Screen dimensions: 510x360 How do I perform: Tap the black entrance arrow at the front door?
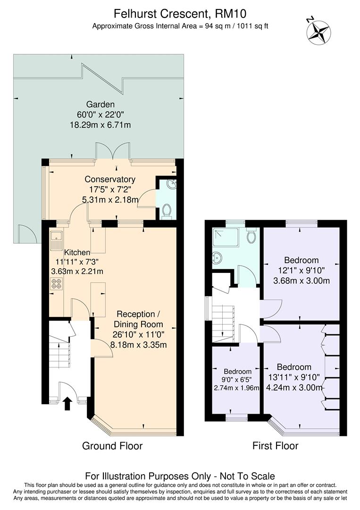[x=67, y=403]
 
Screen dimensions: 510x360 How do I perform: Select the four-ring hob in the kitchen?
[x=57, y=283]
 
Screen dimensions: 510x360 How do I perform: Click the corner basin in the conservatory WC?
[x=171, y=184]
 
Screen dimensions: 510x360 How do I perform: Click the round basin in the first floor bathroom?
[x=218, y=258]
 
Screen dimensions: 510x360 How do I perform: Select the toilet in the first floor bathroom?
[x=251, y=235]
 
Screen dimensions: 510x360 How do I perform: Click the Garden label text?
[x=100, y=104]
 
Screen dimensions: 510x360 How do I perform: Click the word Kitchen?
[x=77, y=252]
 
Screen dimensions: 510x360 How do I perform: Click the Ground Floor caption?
[x=112, y=446]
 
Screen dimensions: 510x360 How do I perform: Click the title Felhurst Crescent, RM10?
[x=180, y=14]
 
